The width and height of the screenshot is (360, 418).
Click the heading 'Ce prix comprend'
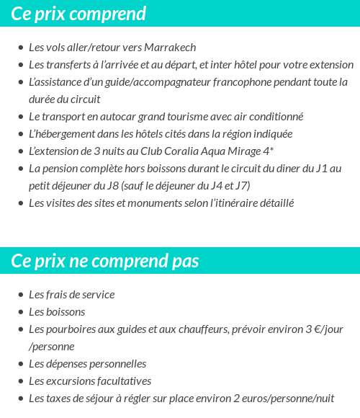tap(78, 14)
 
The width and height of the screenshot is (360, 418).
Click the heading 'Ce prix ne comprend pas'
tap(105, 260)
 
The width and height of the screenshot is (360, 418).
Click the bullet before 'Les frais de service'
tap(20, 295)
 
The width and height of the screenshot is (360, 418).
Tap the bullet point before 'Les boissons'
tap(20, 312)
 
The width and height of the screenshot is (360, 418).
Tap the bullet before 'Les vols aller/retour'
tap(20, 48)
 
